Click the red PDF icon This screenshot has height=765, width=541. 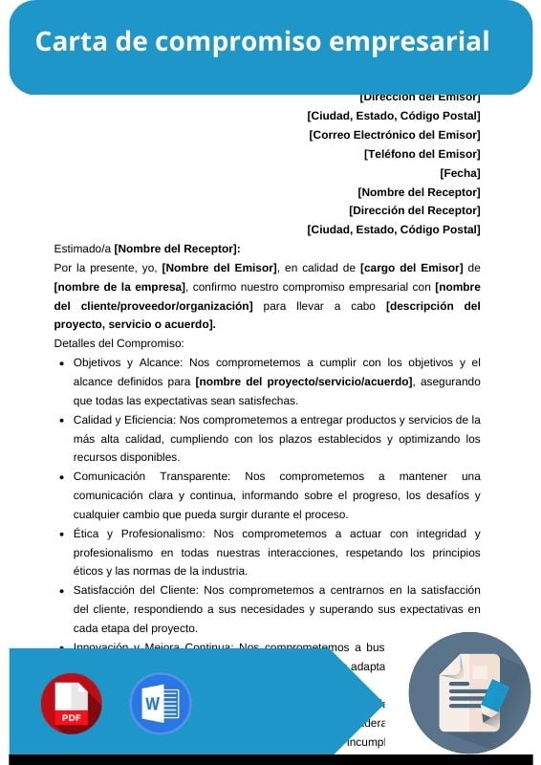point(71,703)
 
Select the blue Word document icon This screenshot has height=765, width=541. point(160,703)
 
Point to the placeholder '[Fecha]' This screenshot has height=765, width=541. point(460,173)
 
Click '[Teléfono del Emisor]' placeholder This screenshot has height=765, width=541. point(422,154)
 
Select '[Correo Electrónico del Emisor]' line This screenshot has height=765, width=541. point(394,135)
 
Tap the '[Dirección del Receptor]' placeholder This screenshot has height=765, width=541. point(414,210)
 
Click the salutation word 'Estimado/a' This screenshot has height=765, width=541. point(82,249)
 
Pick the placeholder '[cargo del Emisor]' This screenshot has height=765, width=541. point(411,268)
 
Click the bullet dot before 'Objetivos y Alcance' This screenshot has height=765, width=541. point(62,363)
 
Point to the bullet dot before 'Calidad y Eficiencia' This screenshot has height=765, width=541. point(62,421)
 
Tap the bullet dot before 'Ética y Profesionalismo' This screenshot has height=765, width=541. point(62,535)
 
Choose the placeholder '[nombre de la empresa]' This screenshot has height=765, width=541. point(119,287)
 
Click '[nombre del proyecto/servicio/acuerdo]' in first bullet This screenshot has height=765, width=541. point(304,382)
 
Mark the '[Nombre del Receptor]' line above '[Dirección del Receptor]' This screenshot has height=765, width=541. point(419,192)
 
